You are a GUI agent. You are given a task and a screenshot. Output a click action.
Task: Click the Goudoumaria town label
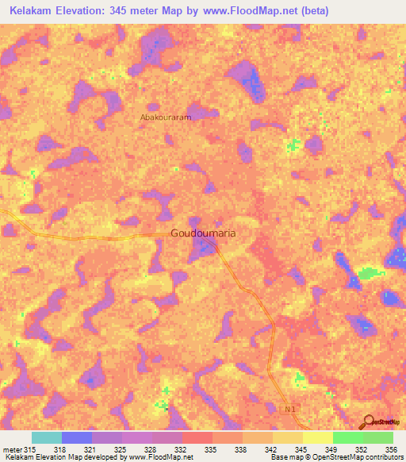click(x=204, y=234)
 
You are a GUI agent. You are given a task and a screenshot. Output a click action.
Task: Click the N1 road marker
click(x=290, y=409)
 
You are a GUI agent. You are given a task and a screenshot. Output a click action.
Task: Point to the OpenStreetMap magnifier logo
click(x=370, y=422)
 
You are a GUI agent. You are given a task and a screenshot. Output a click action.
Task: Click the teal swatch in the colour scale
click(x=47, y=437)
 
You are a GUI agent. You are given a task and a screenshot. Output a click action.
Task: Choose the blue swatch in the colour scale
click(x=77, y=437)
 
